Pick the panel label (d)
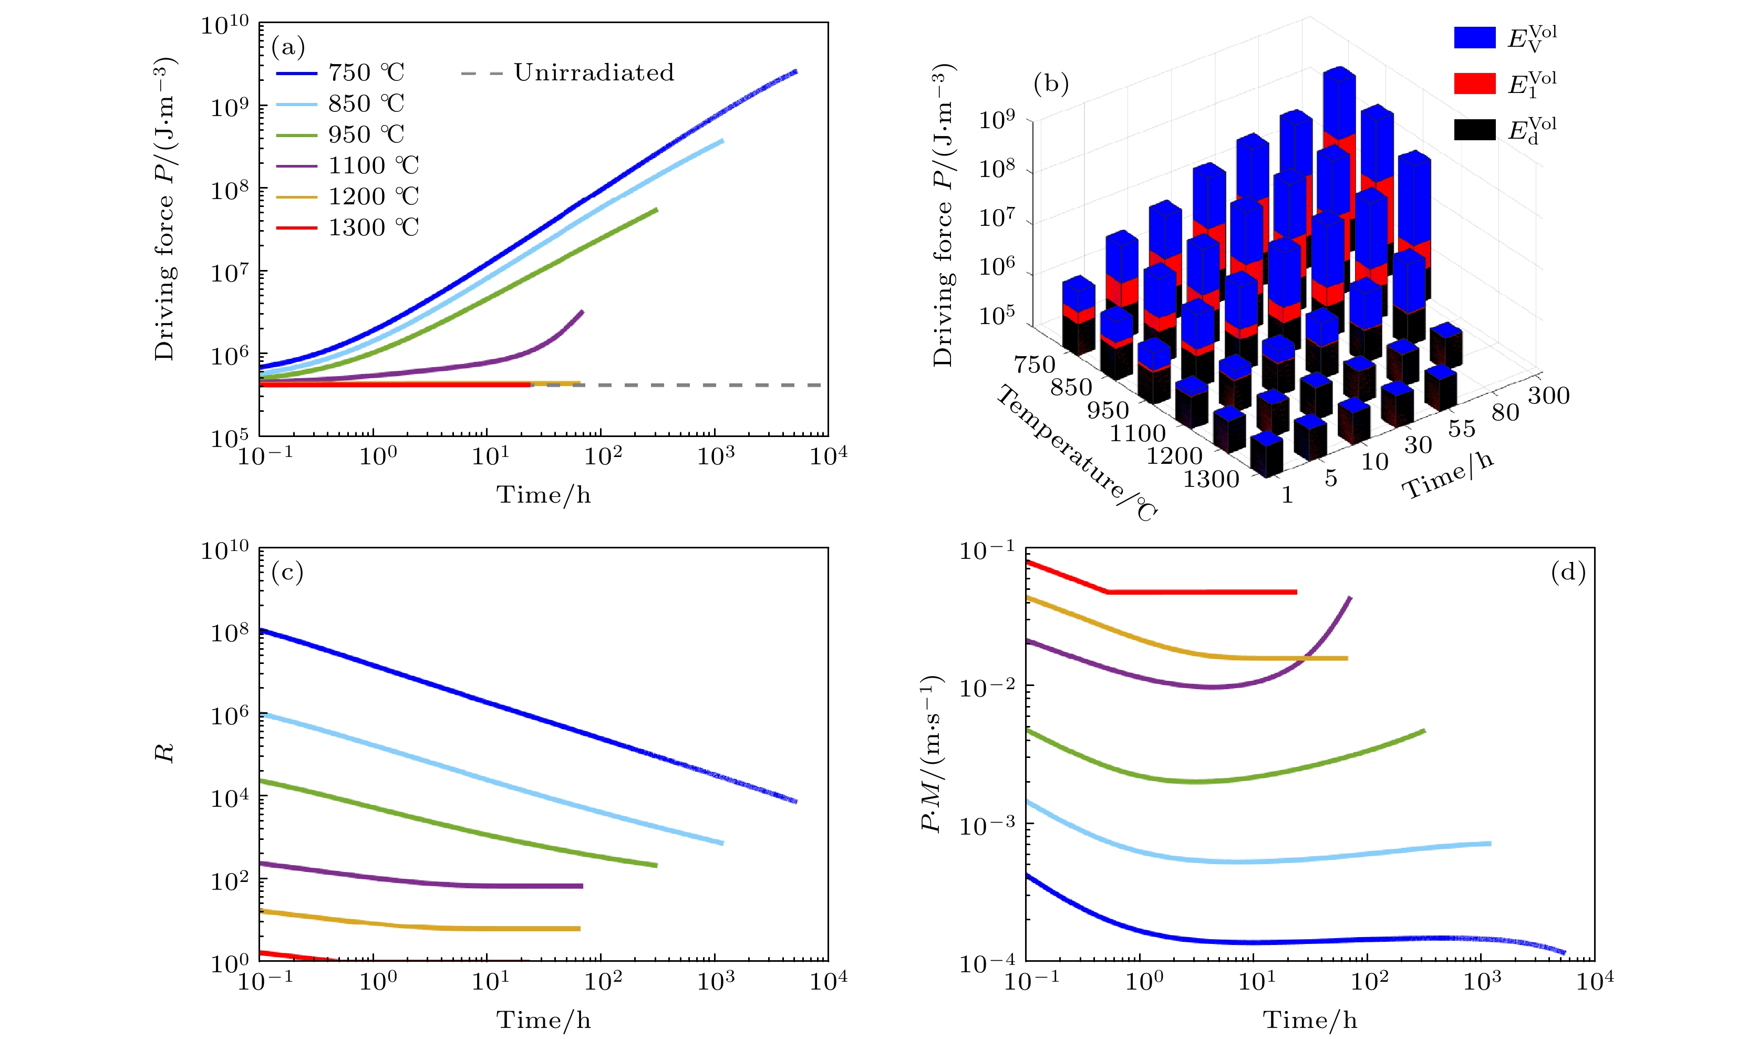pos(1568,572)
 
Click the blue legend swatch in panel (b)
pos(1474,37)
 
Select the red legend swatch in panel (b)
pos(1474,84)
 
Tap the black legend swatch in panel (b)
pos(1474,130)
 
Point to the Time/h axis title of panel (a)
pos(543,495)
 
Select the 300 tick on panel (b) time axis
pos(1548,396)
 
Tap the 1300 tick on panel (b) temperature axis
pos(1211,479)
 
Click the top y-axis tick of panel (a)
pos(225,25)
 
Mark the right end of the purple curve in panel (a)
pos(582,311)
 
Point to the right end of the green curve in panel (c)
pos(656,865)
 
